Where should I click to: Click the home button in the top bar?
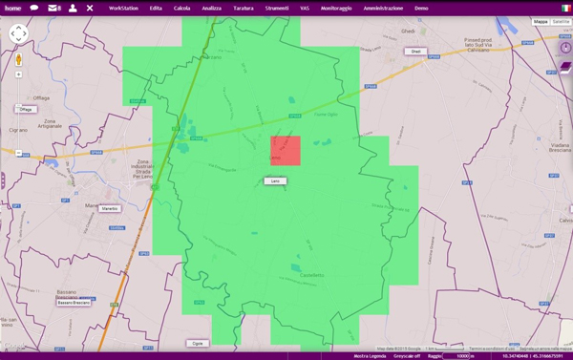coord(12,8)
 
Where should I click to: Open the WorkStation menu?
coord(123,8)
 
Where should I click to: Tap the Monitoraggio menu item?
coord(335,8)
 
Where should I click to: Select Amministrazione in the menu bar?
coord(383,8)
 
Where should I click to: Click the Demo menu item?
coord(421,8)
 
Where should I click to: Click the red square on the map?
coord(286,151)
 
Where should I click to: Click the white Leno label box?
coord(275,180)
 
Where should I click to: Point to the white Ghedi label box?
coord(415,52)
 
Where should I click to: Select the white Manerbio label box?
coord(110,208)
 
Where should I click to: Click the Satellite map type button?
coord(561,21)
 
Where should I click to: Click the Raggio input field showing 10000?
coord(462,356)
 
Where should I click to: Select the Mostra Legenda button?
coord(371,356)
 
